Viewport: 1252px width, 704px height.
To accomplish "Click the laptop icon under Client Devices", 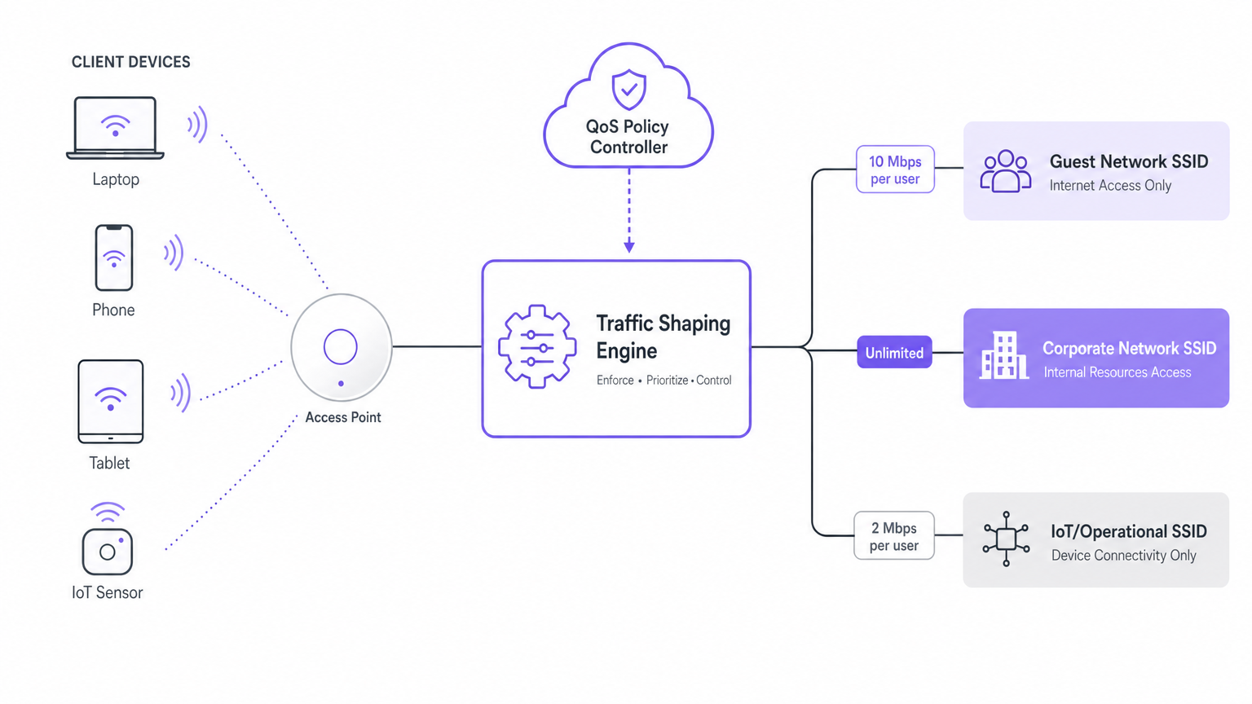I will [115, 127].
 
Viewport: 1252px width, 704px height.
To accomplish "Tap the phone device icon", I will [114, 257].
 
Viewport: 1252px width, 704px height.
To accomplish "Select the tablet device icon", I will [110, 401].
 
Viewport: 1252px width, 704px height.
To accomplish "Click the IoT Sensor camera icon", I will [107, 551].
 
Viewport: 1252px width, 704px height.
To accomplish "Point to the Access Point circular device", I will [341, 348].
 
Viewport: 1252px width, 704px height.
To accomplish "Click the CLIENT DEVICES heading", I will [130, 62].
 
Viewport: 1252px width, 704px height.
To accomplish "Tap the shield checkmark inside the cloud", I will [628, 90].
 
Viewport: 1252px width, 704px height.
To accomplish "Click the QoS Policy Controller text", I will [628, 137].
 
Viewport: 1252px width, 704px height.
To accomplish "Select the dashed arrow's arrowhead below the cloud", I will [628, 246].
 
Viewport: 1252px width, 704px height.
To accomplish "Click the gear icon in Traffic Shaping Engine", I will [536, 347].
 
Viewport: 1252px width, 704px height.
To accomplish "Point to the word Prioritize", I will [667, 381].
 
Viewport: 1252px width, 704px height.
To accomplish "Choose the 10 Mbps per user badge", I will [894, 169].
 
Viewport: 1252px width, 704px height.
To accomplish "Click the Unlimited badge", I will [894, 353].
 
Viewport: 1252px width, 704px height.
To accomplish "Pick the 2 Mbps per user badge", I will [893, 536].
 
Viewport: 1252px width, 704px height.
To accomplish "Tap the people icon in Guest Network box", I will [1005, 171].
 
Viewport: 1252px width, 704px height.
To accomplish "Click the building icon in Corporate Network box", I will [1003, 356].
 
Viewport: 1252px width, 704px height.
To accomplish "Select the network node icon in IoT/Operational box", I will [1006, 539].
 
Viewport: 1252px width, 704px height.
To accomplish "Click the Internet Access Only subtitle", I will [1109, 186].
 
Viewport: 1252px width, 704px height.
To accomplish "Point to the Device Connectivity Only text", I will [1123, 556].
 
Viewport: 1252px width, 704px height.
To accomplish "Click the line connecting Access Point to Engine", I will [437, 347].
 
